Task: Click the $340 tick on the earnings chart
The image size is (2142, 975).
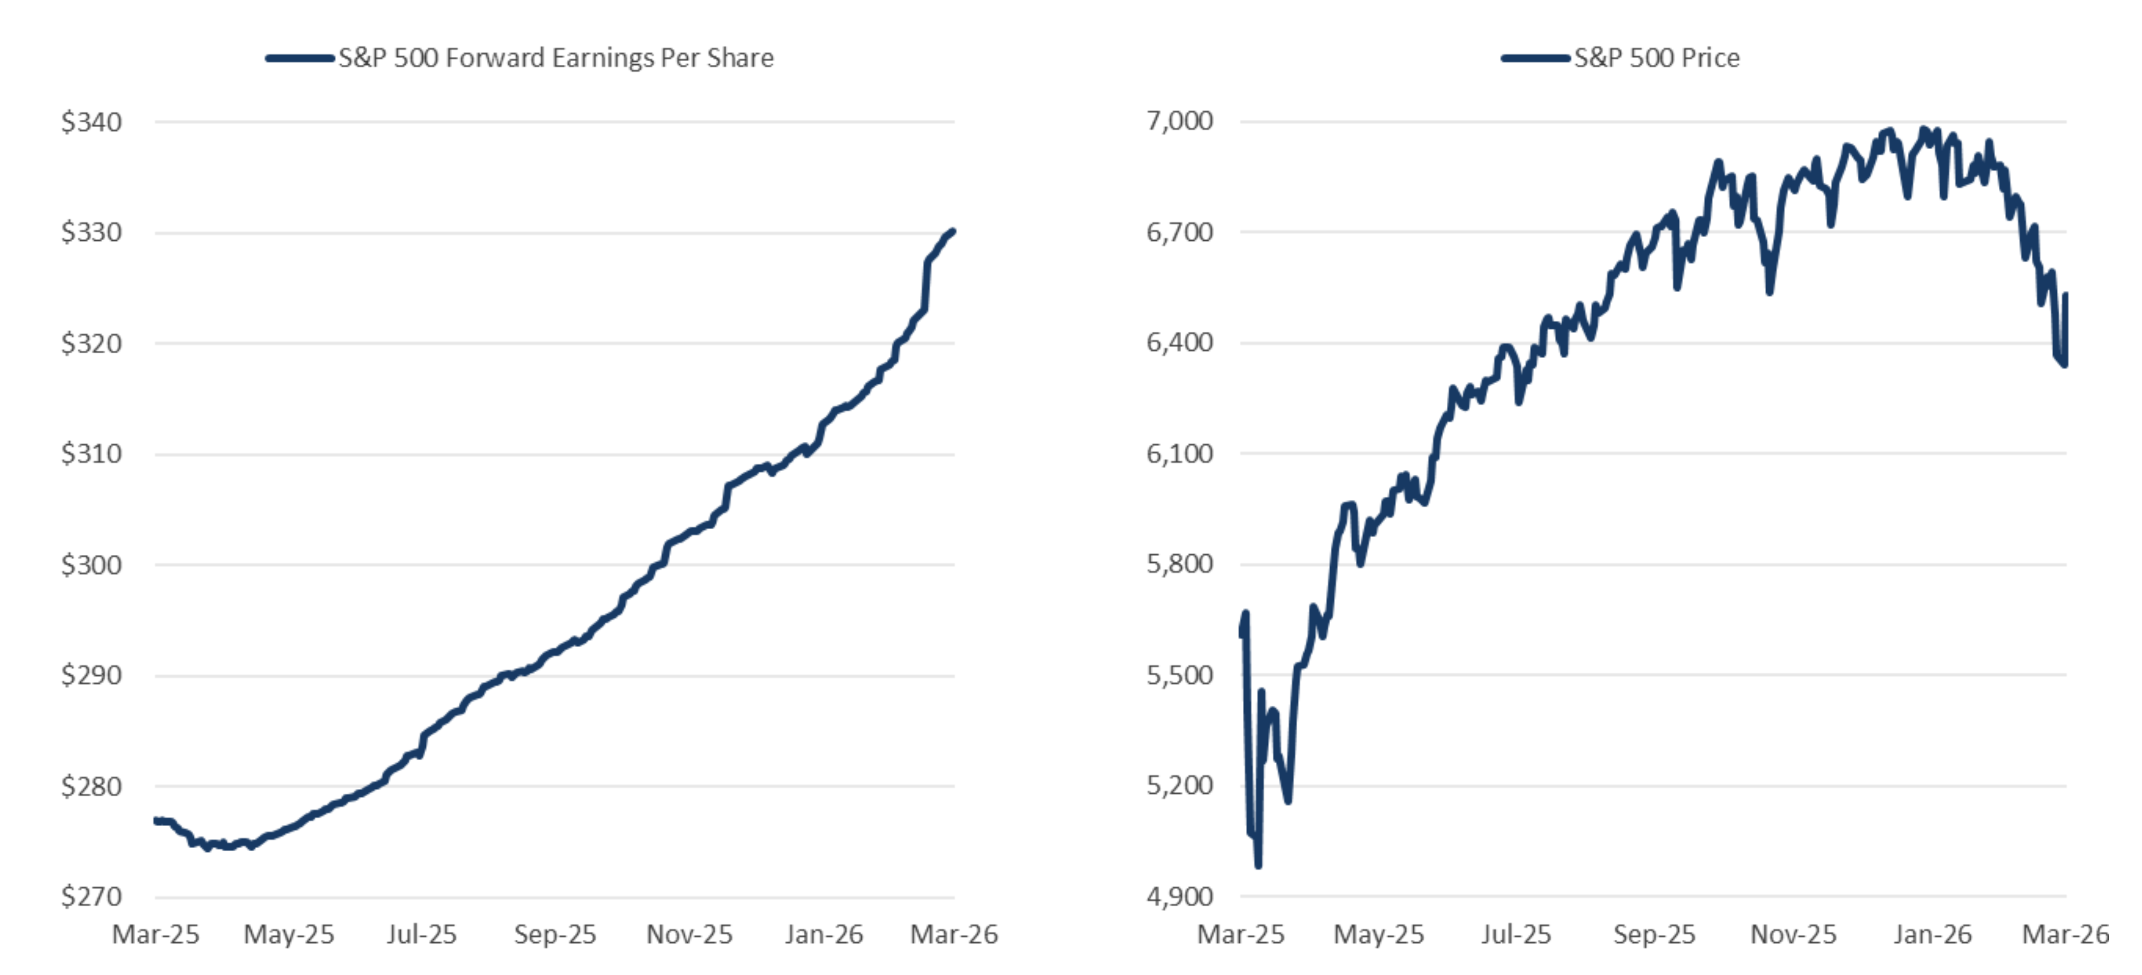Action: point(91,122)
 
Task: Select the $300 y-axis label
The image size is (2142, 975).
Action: point(91,565)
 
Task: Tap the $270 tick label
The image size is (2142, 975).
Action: point(91,897)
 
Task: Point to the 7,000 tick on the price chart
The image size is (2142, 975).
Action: point(1179,121)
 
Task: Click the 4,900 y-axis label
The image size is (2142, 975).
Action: point(1179,897)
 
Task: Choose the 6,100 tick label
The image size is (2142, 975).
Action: point(1179,453)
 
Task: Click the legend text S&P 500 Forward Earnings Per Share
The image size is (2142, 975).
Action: point(556,58)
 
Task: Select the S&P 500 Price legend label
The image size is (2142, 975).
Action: point(1656,58)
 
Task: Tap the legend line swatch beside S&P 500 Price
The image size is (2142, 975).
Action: point(1535,58)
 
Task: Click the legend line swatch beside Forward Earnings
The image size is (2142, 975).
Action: point(299,58)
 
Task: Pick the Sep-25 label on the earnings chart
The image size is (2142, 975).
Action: point(555,934)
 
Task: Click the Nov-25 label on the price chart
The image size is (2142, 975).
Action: point(1793,934)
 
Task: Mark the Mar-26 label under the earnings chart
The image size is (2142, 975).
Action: point(954,934)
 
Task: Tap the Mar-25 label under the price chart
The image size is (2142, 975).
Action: point(1241,934)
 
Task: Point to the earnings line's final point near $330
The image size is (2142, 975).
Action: point(952,231)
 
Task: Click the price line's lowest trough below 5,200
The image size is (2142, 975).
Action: point(1258,865)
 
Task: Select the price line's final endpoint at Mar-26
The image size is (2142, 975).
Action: point(2066,364)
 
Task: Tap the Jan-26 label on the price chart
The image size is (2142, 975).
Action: point(1932,934)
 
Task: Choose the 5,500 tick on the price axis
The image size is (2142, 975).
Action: point(1179,675)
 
